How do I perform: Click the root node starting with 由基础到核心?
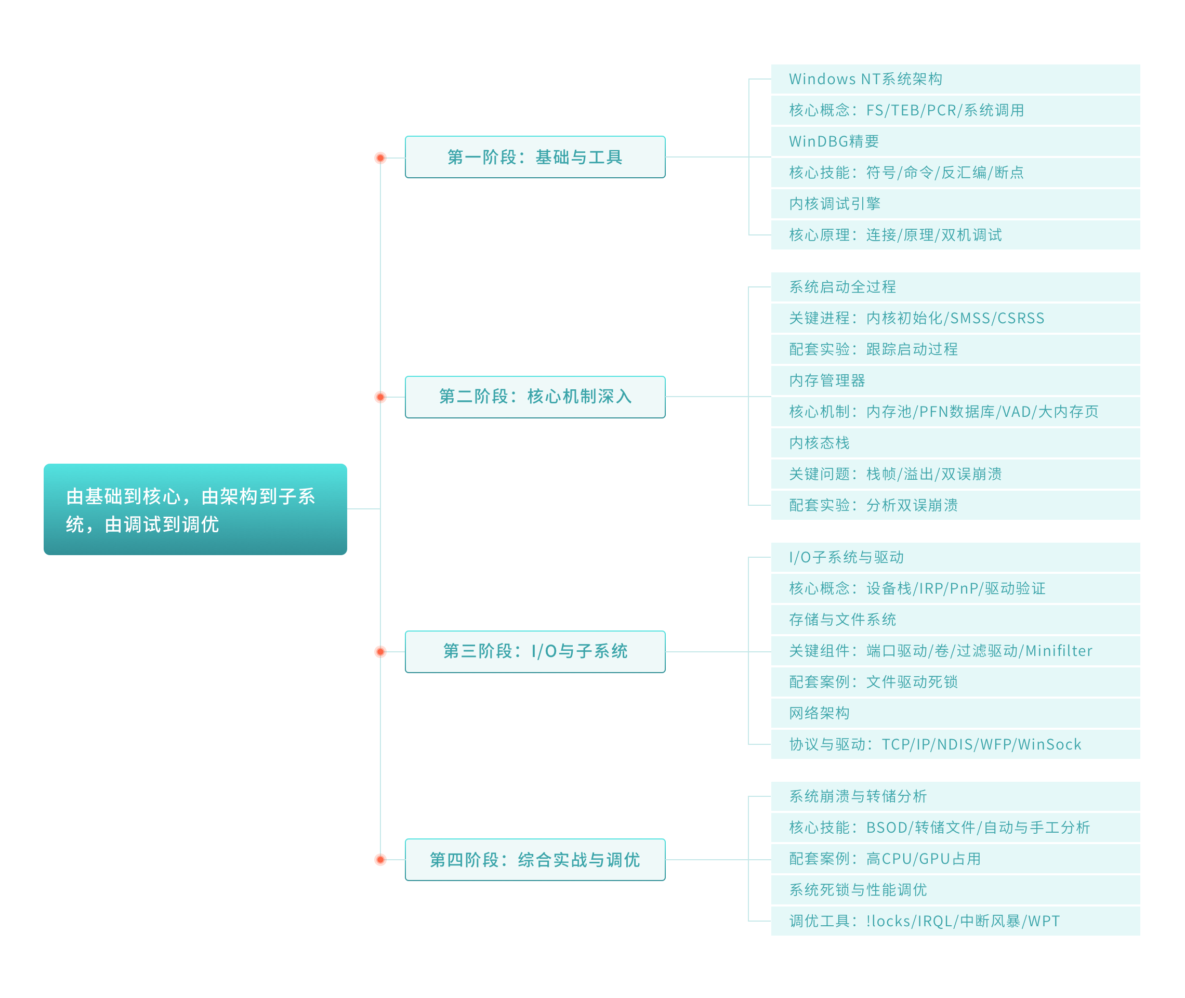(195, 509)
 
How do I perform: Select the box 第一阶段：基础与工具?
(535, 156)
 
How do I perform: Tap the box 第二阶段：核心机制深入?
(535, 397)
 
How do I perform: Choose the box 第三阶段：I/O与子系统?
(535, 651)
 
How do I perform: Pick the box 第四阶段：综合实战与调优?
(535, 859)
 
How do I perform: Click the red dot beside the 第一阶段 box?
(380, 158)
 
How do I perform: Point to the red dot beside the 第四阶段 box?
(380, 860)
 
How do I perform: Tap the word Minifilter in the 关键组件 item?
(1059, 651)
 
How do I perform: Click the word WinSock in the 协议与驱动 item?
(1050, 744)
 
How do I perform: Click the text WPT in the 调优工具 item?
(1044, 921)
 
